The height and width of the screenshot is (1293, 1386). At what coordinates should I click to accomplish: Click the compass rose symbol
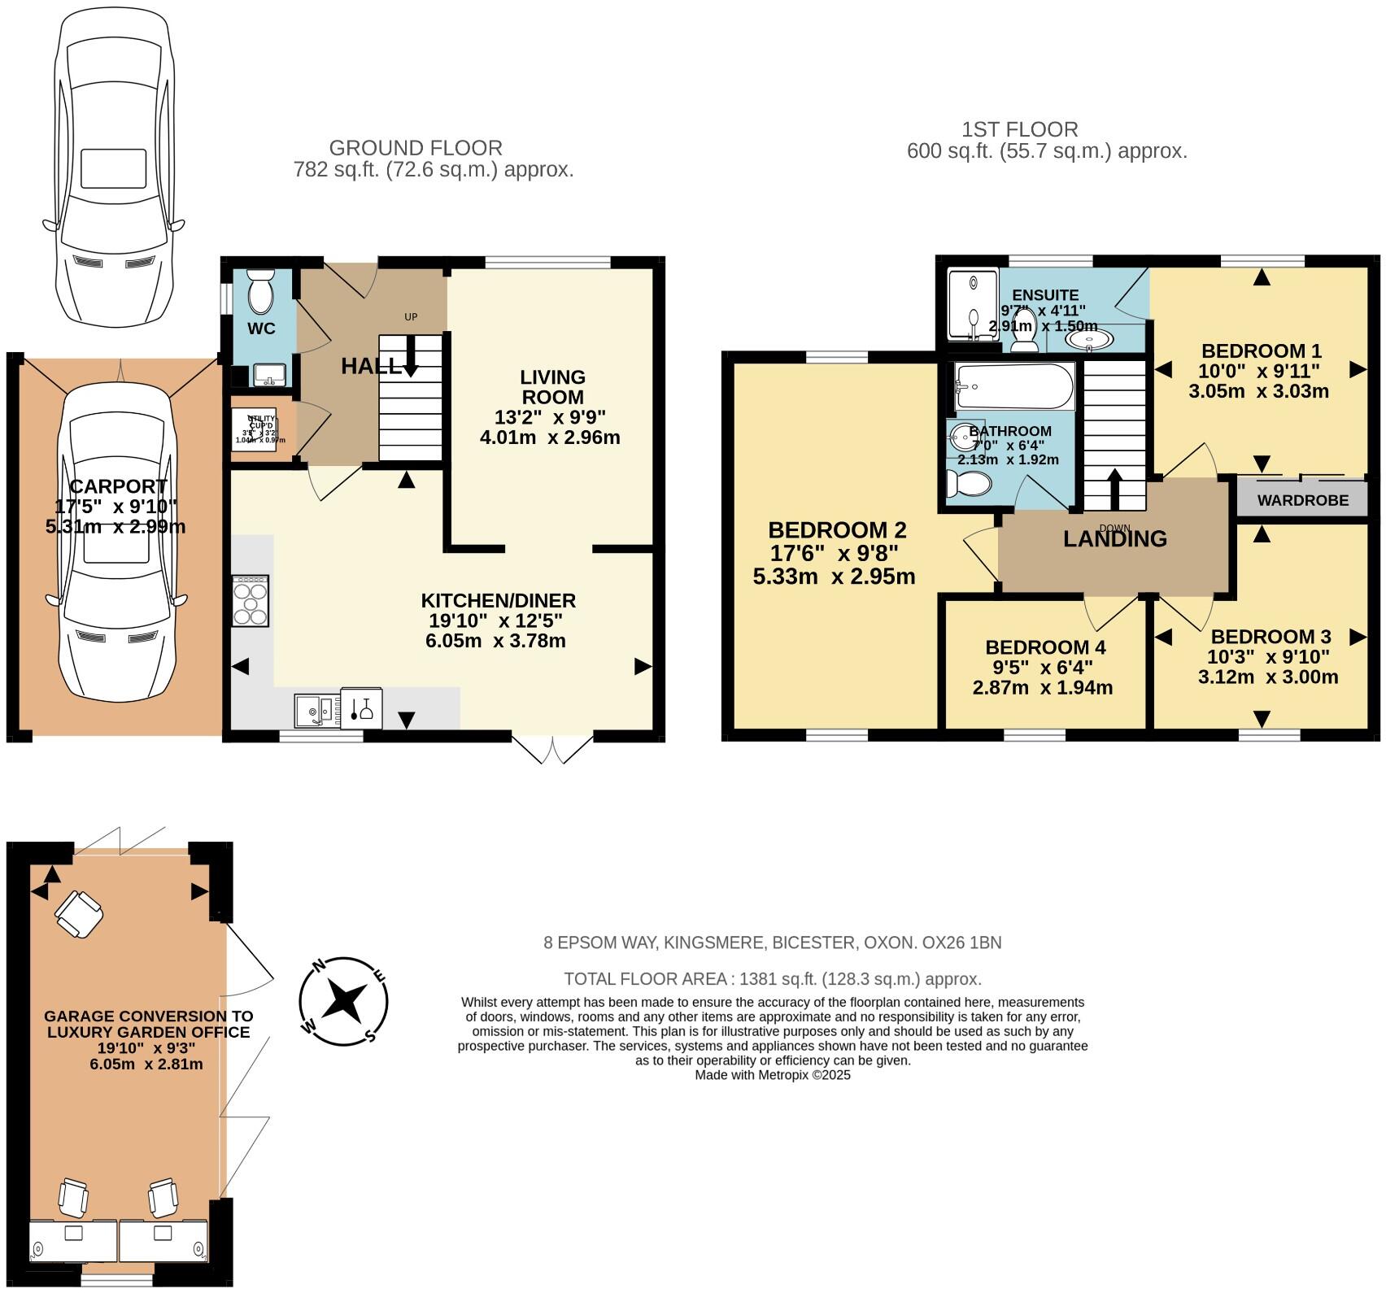click(x=343, y=1000)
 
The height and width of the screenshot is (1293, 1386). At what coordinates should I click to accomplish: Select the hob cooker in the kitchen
click(x=251, y=601)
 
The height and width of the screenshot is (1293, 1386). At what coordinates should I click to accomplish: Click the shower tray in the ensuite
click(x=973, y=305)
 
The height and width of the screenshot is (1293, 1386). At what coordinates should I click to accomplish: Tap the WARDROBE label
click(x=1302, y=500)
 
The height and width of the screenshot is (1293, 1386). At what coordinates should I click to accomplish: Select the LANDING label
click(x=1114, y=538)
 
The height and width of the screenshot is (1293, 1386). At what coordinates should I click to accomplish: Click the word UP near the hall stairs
click(x=411, y=316)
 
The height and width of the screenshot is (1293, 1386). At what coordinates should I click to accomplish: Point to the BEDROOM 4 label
click(x=1044, y=647)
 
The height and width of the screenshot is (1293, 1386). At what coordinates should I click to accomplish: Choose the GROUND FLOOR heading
click(x=416, y=148)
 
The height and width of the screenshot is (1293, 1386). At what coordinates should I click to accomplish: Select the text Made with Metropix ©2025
click(x=772, y=1074)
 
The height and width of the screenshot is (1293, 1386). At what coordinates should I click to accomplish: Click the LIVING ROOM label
click(x=552, y=387)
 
